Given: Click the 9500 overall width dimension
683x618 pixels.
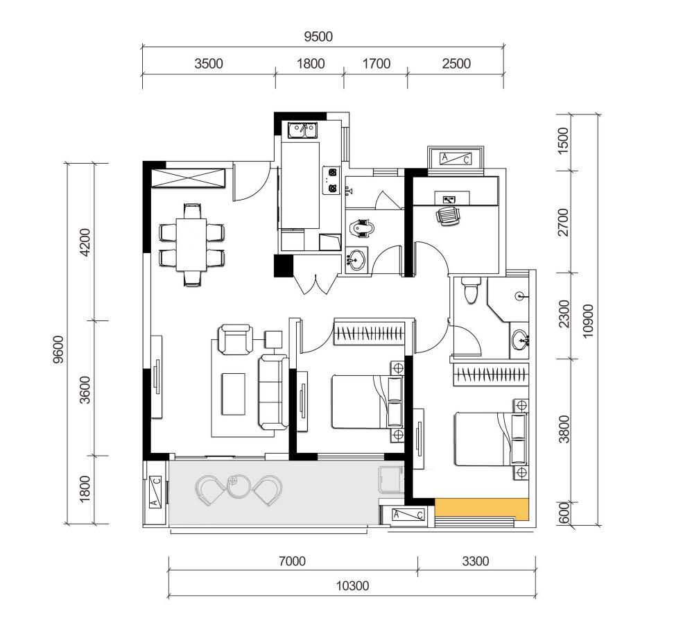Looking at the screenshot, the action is [318, 37].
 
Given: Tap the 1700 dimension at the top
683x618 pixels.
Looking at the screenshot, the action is [377, 64].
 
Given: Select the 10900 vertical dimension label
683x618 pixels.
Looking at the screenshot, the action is [587, 320].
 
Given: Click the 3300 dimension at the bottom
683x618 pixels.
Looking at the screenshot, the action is [476, 561].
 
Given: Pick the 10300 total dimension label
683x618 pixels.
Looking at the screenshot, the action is [352, 586].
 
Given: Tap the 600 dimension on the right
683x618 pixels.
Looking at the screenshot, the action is [564, 513].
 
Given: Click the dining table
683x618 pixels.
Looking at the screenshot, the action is [191, 245].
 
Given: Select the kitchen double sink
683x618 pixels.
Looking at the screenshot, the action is [302, 130].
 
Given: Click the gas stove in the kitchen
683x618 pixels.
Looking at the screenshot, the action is [331, 180].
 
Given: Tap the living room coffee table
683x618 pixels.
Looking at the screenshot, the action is [234, 393].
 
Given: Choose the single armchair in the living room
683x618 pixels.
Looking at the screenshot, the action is [236, 339].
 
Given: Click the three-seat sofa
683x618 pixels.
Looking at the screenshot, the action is [273, 392].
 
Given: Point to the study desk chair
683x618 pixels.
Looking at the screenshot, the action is [448, 216].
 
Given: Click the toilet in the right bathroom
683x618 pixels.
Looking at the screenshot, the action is [470, 290].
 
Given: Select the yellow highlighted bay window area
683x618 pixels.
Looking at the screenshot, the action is [482, 508].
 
